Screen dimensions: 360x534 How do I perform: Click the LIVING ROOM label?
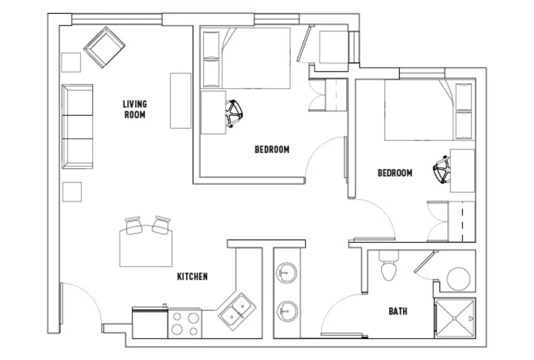tap(134, 109)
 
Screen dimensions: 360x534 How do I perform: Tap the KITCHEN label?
tap(192, 276)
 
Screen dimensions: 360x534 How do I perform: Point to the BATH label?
tap(397, 311)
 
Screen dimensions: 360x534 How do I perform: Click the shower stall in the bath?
tap(455, 318)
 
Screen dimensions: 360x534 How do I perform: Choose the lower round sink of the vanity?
tap(287, 311)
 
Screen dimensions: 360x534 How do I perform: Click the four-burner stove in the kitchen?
tap(185, 324)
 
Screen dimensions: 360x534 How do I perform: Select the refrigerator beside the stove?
tap(150, 323)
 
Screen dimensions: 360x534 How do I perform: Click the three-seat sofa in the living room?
tap(77, 127)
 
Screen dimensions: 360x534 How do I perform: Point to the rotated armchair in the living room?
tap(104, 47)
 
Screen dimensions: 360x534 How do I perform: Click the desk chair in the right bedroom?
tap(442, 169)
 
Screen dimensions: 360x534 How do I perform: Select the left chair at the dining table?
tap(134, 226)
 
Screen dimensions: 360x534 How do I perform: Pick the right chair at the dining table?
tap(161, 225)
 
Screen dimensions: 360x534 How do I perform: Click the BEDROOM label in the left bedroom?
tap(272, 149)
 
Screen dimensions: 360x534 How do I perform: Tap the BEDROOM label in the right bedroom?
tap(395, 173)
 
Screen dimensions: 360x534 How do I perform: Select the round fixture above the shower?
tap(458, 278)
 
